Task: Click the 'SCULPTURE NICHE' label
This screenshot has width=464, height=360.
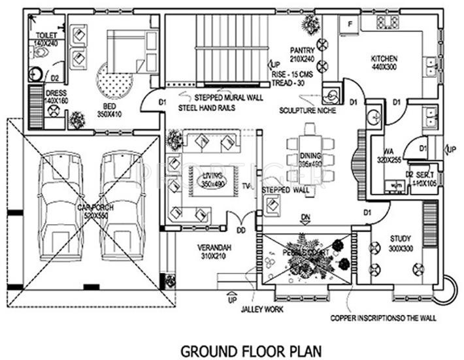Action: [x=302, y=110]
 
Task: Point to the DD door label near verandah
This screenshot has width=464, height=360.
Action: [x=240, y=230]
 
